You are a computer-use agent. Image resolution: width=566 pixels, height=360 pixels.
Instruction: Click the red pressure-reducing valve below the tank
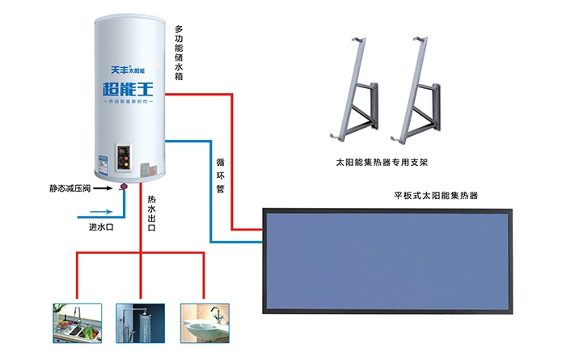coord(125,188)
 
